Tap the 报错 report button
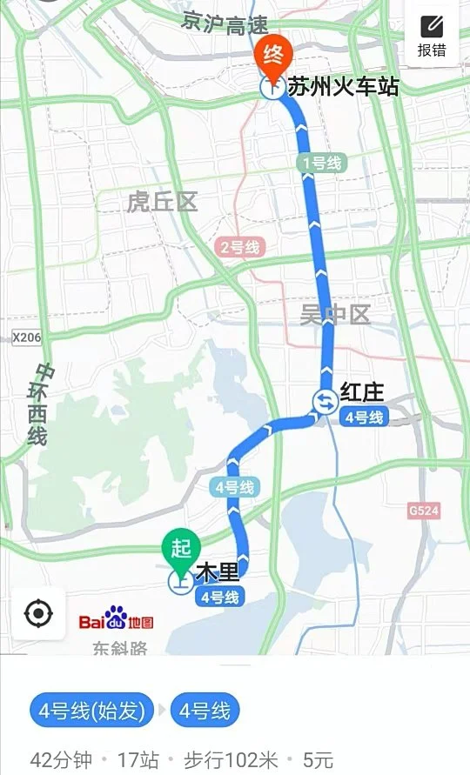(432, 37)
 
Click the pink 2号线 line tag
(239, 248)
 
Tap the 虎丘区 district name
(162, 203)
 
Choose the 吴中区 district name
(334, 315)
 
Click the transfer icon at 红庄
(324, 400)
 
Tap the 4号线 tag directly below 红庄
(364, 418)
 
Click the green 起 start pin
(180, 548)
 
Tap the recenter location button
(38, 613)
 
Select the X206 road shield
(27, 337)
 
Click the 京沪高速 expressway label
(225, 23)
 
